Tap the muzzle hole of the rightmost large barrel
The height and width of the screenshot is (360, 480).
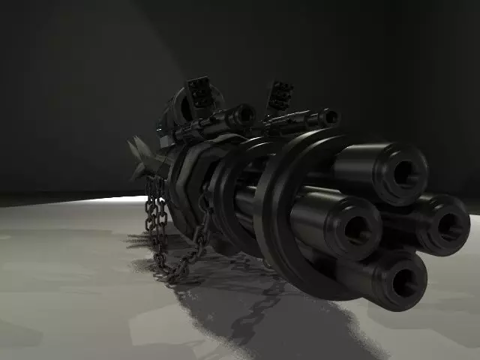tap(448, 223)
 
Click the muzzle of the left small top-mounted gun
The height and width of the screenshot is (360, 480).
tap(246, 113)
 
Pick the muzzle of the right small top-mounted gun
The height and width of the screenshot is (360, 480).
tap(331, 117)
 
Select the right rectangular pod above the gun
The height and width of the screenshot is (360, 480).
tap(280, 95)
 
